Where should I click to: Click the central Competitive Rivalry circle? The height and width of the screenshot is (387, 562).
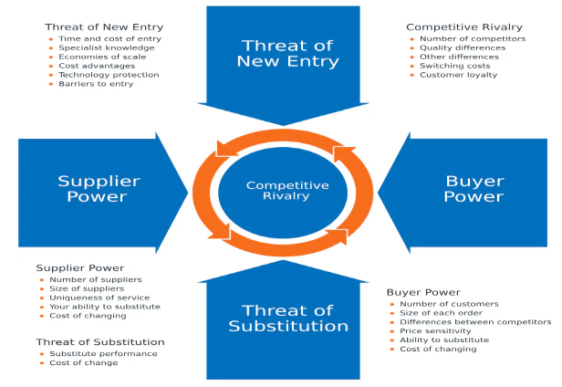pyautogui.click(x=283, y=193)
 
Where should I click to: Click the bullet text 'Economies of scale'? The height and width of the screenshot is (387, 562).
pyautogui.click(x=102, y=57)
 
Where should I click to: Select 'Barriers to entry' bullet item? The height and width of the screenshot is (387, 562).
pyautogui.click(x=96, y=84)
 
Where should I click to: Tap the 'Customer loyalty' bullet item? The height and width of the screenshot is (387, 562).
pyautogui.click(x=458, y=75)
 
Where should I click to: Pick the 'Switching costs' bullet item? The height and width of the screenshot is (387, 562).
pyautogui.click(x=455, y=66)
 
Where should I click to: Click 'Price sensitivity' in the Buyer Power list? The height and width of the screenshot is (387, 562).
pyautogui.click(x=435, y=330)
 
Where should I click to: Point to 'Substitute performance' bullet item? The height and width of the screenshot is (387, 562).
pyautogui.click(x=104, y=353)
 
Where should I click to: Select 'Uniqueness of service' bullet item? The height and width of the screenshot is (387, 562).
pyautogui.click(x=99, y=298)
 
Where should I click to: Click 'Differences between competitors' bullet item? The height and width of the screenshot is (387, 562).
pyautogui.click(x=475, y=321)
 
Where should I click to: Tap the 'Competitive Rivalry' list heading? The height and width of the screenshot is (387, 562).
pyautogui.click(x=464, y=27)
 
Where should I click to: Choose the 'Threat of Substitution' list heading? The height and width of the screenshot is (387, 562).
pyautogui.click(x=100, y=341)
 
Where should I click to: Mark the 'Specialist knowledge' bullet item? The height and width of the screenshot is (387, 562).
pyautogui.click(x=107, y=47)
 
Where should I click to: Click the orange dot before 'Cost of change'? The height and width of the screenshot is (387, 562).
pyautogui.click(x=42, y=363)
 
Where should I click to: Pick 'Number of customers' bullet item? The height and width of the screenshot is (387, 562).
pyautogui.click(x=449, y=304)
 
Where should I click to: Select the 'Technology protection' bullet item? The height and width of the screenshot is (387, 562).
pyautogui.click(x=109, y=75)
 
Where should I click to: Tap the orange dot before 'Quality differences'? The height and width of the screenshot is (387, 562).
pyautogui.click(x=411, y=48)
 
